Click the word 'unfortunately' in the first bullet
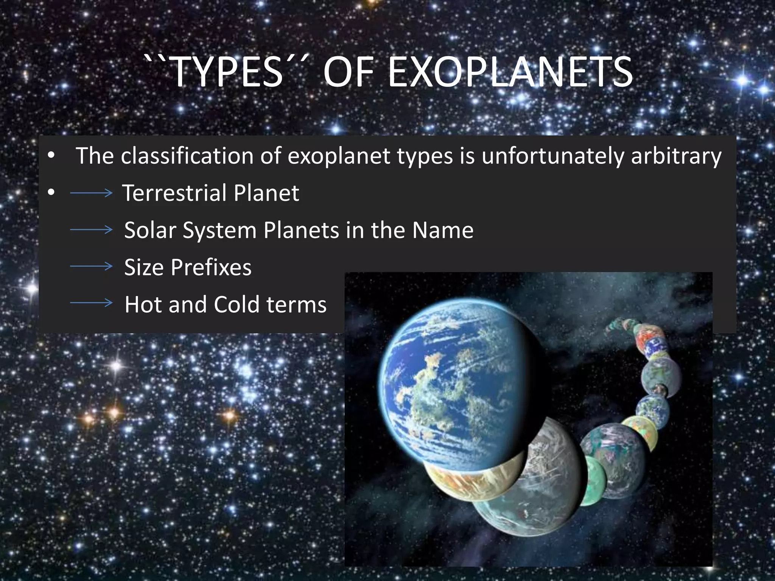click(x=553, y=156)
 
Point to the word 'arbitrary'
click(x=676, y=156)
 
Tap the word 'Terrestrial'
click(x=174, y=193)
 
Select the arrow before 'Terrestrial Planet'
click(x=91, y=193)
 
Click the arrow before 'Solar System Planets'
click(x=91, y=230)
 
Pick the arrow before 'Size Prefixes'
click(x=91, y=267)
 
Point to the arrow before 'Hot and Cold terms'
click(x=91, y=303)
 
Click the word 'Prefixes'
click(x=211, y=267)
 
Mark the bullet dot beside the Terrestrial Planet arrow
click(x=51, y=193)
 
